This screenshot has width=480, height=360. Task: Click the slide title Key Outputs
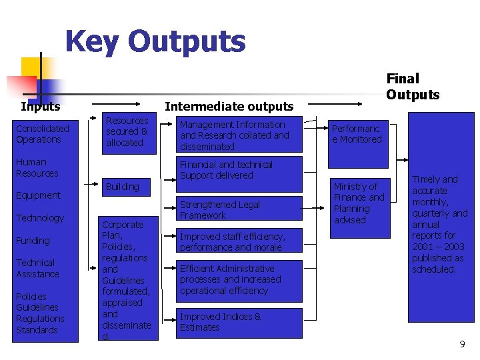point(155,41)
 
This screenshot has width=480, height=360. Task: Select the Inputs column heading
point(40,107)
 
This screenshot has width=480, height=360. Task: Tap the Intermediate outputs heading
point(229,107)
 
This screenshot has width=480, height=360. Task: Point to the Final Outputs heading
point(413,87)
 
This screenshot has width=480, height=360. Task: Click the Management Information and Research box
point(239,135)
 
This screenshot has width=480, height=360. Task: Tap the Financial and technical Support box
point(239,170)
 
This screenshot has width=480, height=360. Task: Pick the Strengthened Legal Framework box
point(239,210)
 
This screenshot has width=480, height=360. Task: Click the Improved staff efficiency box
point(239,242)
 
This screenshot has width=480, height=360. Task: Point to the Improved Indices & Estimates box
point(239,322)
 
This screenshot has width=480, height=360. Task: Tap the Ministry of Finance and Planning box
point(360,203)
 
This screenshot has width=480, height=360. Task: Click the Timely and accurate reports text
point(439,224)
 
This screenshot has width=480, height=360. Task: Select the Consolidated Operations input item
point(43,134)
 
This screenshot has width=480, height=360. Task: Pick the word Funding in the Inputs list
point(33,241)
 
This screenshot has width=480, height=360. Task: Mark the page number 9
point(462,344)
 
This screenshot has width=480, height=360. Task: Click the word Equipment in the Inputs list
point(38,195)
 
